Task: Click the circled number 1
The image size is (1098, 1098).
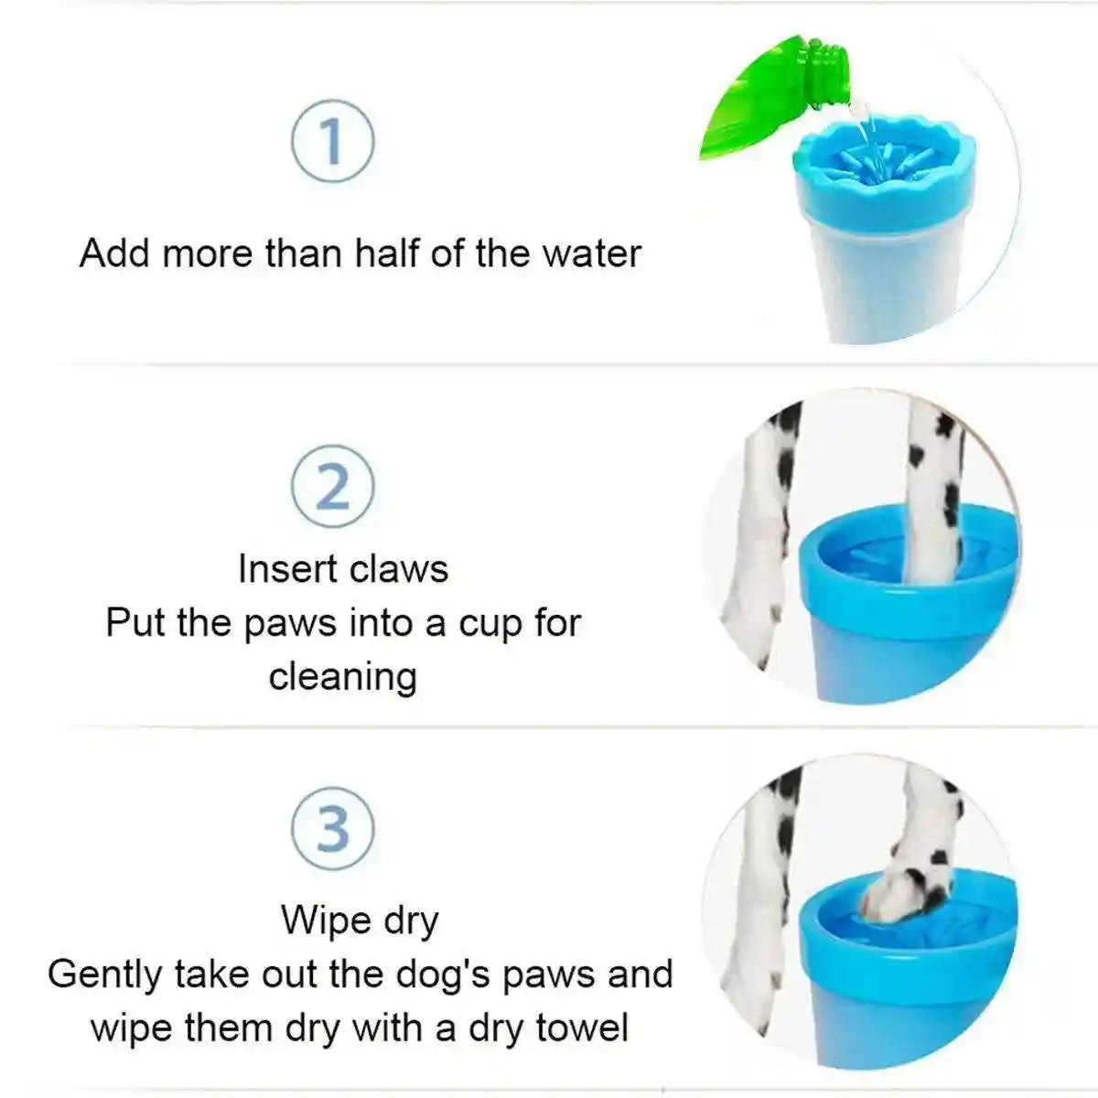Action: [332, 142]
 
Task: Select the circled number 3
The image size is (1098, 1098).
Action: [332, 827]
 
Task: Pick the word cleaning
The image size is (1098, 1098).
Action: [343, 676]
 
